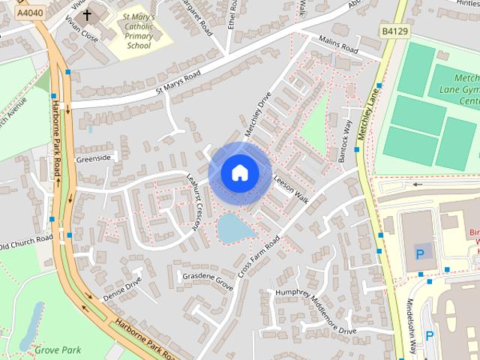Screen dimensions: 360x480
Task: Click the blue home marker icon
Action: pos(239,172)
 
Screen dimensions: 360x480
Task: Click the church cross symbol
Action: pos(88,14)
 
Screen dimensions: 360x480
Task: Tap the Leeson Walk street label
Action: pos(292,190)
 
